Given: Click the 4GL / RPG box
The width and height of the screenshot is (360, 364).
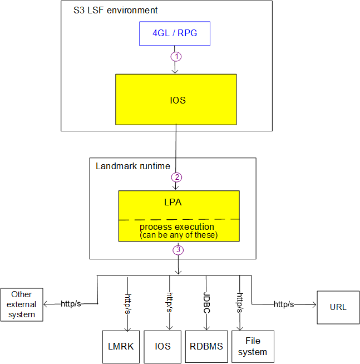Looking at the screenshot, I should coord(175,35).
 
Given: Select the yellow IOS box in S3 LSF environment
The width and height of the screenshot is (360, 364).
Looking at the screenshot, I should coord(176,101).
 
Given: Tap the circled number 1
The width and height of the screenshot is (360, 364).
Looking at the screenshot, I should coord(176,56).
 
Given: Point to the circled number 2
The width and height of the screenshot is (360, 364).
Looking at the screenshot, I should coord(176,178).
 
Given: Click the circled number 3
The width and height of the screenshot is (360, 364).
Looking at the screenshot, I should coord(177,250).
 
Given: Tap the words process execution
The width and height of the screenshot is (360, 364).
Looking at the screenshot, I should coord(176,227).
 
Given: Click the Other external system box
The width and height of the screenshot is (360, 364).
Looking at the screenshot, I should coord(22,304).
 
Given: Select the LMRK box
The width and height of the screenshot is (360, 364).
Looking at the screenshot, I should coord(121,346).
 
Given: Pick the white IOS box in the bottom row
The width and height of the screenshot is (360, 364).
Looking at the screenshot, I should coord(162,346).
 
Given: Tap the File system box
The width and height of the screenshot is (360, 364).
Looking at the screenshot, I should coord(252,346).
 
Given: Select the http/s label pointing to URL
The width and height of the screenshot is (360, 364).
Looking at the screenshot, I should coord(284,304).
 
